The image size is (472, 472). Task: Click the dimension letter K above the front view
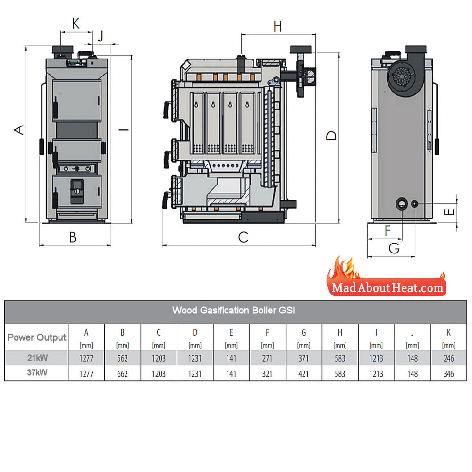[x=76, y=23]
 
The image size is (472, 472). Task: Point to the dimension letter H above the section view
[x=278, y=26]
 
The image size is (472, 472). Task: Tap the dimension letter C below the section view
[x=243, y=237]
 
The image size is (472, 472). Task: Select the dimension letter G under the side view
[x=394, y=248]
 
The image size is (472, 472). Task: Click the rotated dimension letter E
[x=449, y=212]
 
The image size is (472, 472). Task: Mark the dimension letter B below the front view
[x=73, y=237]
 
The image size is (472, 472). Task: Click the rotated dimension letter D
[x=331, y=135]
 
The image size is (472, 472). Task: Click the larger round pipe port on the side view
[x=402, y=204]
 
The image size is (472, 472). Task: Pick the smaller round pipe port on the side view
[x=415, y=204]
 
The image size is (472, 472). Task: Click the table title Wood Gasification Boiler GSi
[x=233, y=310]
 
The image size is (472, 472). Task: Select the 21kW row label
[x=37, y=358]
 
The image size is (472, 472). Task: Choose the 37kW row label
[x=37, y=373]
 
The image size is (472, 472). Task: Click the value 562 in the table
[x=123, y=358]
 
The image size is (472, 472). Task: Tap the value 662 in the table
[x=123, y=373]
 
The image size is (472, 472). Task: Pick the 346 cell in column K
[x=448, y=373]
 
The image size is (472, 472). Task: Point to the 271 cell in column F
[x=267, y=358]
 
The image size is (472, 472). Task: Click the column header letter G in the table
[x=303, y=332]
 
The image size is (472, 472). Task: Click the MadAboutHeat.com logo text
[x=388, y=288]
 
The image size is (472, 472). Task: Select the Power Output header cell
[x=37, y=337]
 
